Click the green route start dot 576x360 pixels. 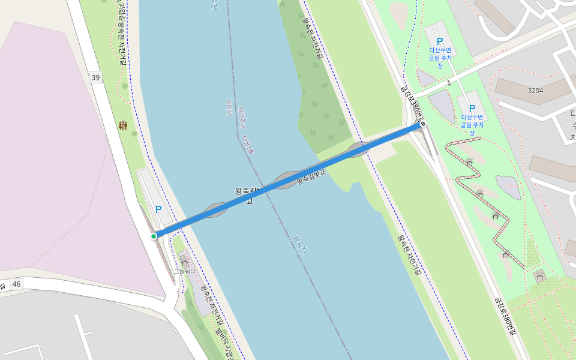click(154, 236)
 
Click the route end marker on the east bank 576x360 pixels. click(423, 124)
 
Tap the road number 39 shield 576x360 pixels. click(95, 77)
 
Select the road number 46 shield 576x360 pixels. click(16, 284)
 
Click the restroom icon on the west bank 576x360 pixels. click(123, 125)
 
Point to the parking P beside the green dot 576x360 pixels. click(158, 209)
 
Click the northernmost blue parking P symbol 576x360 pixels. click(440, 41)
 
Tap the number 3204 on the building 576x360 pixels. click(535, 91)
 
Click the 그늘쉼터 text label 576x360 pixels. click(185, 271)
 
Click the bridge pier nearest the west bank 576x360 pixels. click(215, 210)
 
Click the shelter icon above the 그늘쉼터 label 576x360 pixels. click(184, 262)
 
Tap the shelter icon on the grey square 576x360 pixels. click(540, 276)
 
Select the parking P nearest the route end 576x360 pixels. click(472, 108)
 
